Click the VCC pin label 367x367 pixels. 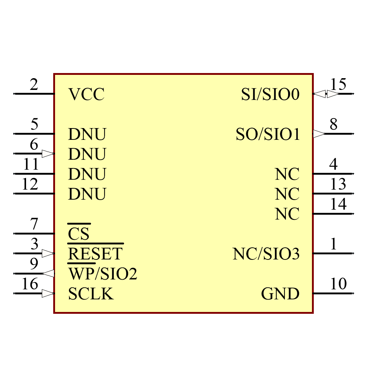click(x=86, y=95)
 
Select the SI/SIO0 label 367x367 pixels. click(x=270, y=95)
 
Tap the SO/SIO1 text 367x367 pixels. click(x=268, y=135)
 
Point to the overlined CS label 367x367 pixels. click(x=79, y=234)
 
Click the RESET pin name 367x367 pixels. click(x=95, y=254)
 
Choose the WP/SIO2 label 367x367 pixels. click(x=102, y=274)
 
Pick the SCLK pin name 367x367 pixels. click(x=91, y=294)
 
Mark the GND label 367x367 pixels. click(x=280, y=294)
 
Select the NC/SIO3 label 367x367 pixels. click(x=266, y=254)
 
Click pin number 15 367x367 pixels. click(x=338, y=85)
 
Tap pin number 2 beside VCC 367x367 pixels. click(x=34, y=85)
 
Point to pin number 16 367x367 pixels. click(x=30, y=284)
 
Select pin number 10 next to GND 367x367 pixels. click(x=338, y=284)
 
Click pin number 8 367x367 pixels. click(x=333, y=125)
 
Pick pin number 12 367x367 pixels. click(x=30, y=184)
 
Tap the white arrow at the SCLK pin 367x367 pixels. click(x=48, y=294)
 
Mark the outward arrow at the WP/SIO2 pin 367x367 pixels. click(x=48, y=273)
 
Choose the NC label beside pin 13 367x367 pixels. click(x=287, y=194)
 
